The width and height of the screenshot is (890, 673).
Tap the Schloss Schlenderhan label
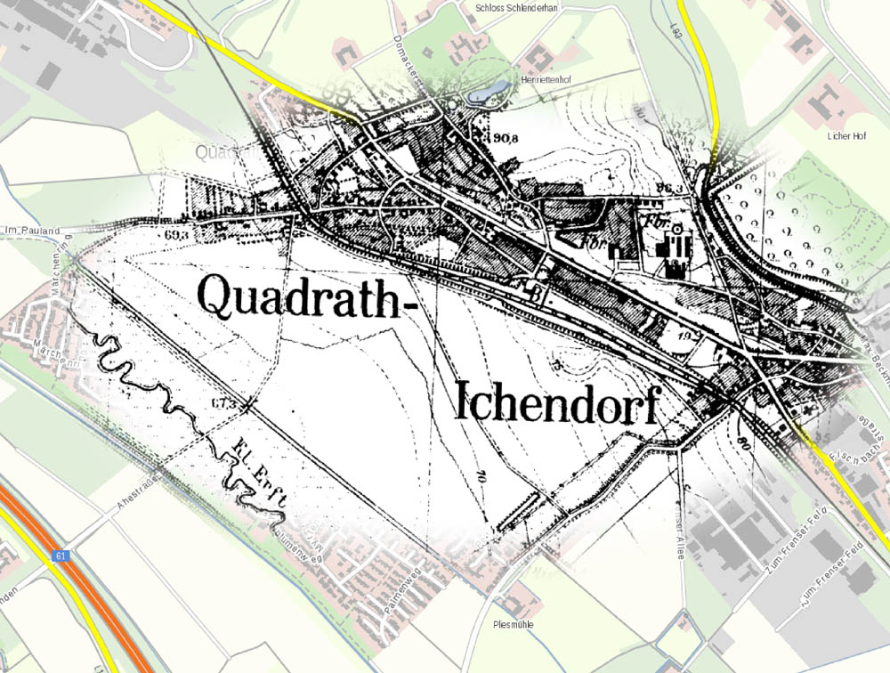click(x=522, y=6)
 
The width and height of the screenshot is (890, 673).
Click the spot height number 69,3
click(x=178, y=235)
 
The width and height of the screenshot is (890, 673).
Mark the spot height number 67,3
click(x=224, y=404)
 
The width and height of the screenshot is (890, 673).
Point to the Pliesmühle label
click(x=513, y=625)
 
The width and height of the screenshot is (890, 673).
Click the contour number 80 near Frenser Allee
click(x=741, y=439)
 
